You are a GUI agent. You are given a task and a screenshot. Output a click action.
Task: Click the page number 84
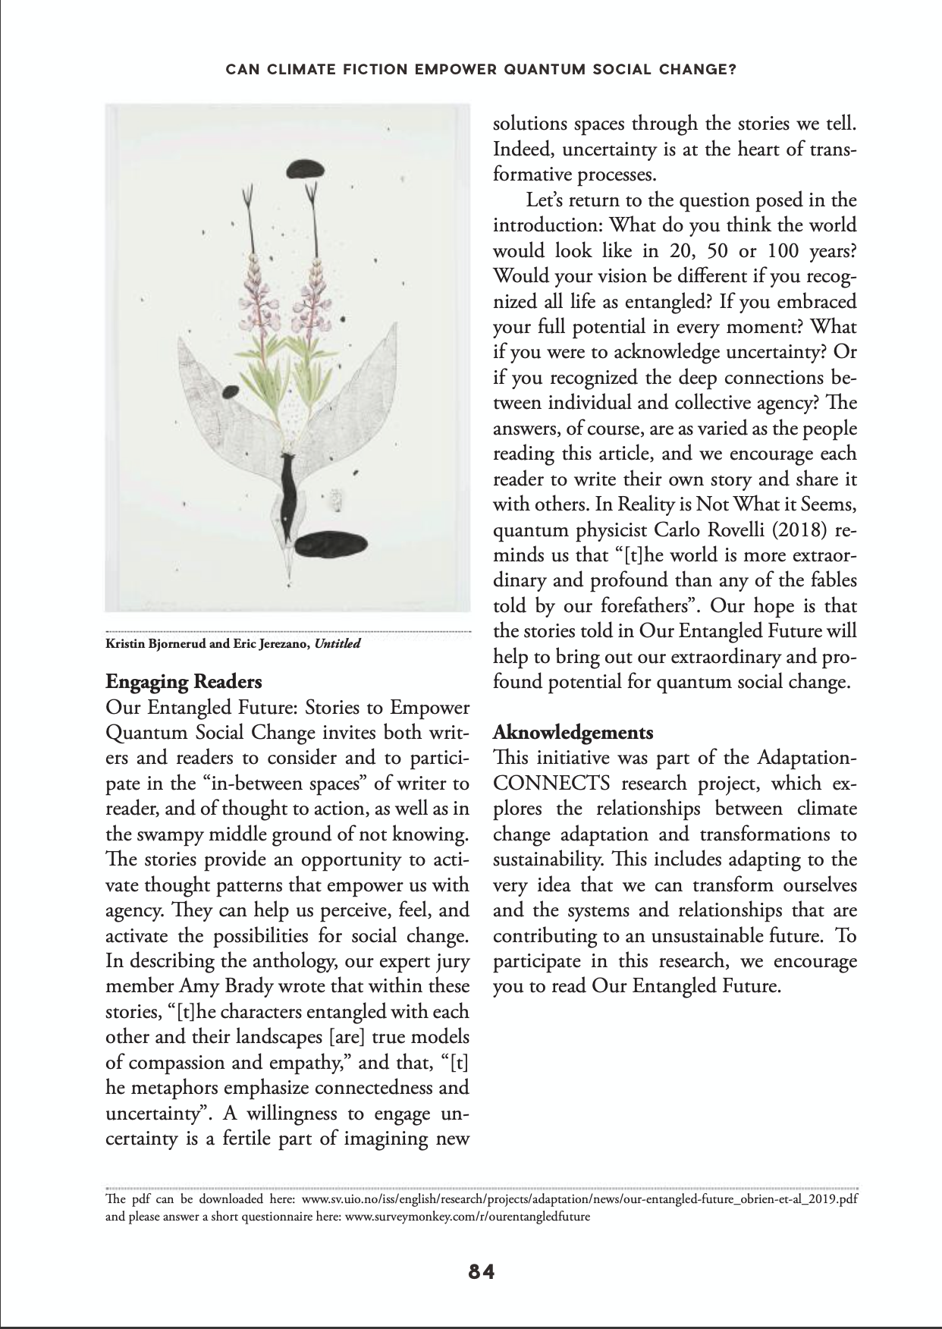[482, 1272]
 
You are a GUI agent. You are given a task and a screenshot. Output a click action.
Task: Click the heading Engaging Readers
[184, 682]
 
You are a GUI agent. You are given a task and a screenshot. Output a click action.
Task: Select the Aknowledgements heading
[573, 733]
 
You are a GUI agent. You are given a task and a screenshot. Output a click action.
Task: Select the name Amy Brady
[217, 986]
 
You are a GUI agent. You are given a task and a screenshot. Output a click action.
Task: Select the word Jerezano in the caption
[284, 645]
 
